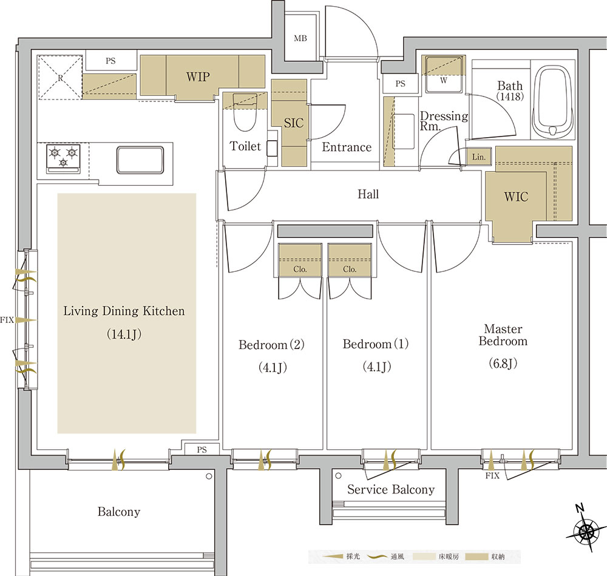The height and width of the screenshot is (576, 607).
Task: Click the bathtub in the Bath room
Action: [553, 101]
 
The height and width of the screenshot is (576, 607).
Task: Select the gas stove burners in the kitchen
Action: [64, 158]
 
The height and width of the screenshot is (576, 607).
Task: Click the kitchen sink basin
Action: [140, 160]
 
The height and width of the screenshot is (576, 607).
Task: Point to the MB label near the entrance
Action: [300, 38]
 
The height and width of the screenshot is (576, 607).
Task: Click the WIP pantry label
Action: [198, 76]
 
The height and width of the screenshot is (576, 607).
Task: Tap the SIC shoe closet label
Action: [293, 123]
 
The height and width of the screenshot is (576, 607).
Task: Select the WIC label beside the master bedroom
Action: [516, 197]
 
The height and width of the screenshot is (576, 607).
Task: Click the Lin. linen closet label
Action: [479, 157]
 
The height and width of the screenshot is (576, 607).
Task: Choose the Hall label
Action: [368, 194]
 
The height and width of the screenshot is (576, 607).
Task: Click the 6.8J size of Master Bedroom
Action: [503, 364]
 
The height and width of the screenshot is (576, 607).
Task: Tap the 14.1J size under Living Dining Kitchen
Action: [124, 334]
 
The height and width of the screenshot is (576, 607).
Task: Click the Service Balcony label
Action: [391, 490]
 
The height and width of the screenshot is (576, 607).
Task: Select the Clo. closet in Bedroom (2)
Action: [300, 260]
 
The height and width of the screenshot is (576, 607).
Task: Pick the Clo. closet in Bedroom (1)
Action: [350, 260]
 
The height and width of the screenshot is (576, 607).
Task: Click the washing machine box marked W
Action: [444, 74]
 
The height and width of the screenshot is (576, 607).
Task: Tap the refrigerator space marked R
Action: [60, 78]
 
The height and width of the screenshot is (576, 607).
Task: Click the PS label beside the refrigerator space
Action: [110, 61]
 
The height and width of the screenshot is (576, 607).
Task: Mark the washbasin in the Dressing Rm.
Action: [403, 131]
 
